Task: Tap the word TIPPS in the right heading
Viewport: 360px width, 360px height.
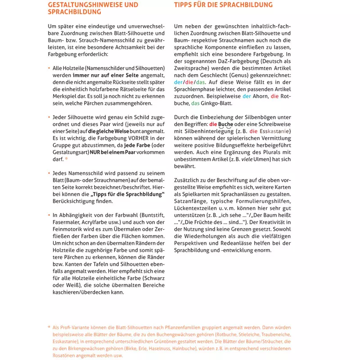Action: coord(185,5)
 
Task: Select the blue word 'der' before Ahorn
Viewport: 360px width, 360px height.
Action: coord(246,96)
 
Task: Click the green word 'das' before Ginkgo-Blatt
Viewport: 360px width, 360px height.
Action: coord(195,103)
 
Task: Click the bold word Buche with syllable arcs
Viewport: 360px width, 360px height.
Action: coord(226,124)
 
